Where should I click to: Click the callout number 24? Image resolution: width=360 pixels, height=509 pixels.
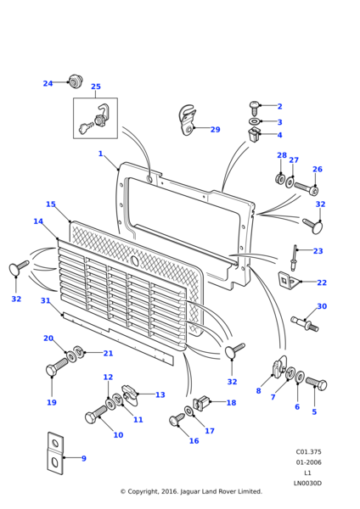pos(48,83)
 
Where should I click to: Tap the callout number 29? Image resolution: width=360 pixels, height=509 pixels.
pos(216,130)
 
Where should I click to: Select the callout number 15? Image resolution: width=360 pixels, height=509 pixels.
pos(51,204)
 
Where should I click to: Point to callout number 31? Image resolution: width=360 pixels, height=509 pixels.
pos(46,301)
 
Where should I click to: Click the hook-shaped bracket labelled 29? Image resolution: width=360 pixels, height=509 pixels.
pos(188,120)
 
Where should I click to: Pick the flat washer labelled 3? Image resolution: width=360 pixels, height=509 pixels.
pos(254,121)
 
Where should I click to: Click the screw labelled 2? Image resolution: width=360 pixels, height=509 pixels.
pos(254,109)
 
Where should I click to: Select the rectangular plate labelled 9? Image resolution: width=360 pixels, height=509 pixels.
pos(55,454)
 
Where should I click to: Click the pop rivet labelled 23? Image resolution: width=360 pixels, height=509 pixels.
pos(295,257)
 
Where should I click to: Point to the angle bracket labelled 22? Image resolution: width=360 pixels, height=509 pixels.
pos(290,280)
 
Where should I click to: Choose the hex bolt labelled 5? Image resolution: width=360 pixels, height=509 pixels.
pos(316,383)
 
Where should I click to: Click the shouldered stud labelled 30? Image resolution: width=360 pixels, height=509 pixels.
pos(305,324)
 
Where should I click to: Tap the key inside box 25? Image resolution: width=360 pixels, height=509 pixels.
pos(86,128)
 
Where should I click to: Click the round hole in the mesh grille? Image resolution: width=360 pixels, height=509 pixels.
pos(134,260)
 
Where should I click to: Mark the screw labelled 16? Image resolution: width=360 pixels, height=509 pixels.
pos(177,420)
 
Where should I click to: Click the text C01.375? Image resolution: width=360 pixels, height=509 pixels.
pos(308,452)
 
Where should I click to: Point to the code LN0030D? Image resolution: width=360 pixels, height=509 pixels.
pos(307,484)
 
